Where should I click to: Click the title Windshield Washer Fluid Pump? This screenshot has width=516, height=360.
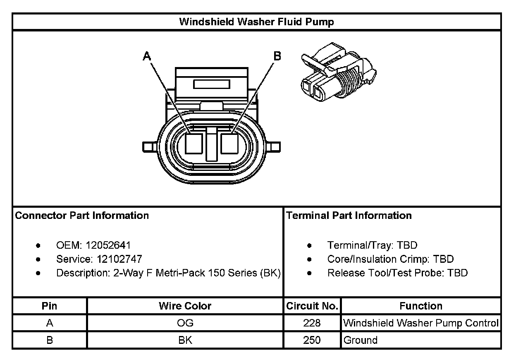(256, 22)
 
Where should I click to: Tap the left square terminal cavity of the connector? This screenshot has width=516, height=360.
(193, 145)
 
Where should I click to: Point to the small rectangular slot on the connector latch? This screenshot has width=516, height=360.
(212, 84)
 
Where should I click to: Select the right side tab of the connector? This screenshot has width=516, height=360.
(274, 147)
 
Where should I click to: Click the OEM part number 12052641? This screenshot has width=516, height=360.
(108, 245)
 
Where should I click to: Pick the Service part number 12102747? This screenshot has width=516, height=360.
(119, 259)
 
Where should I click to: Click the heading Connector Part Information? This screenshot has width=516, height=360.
(82, 216)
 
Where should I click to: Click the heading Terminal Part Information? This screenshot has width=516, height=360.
(349, 216)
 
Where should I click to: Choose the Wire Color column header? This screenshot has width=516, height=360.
(185, 306)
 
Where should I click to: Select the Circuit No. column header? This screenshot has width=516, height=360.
(312, 306)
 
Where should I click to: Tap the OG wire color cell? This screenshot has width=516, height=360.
(185, 323)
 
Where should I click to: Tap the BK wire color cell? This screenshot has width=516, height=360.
(185, 340)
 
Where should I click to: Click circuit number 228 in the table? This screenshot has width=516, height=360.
(312, 323)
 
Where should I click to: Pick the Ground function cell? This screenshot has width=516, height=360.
(361, 340)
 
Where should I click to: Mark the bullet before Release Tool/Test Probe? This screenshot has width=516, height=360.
(310, 273)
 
